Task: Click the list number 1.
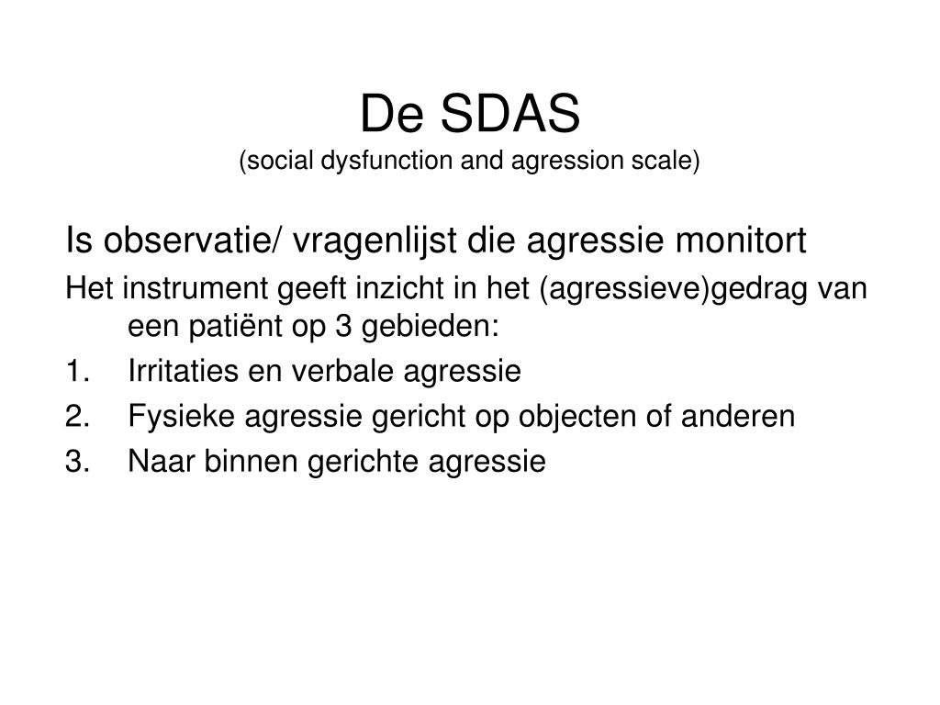[76, 372]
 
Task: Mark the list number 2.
[76, 417]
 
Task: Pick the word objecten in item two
[561, 417]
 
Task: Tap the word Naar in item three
[156, 462]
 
